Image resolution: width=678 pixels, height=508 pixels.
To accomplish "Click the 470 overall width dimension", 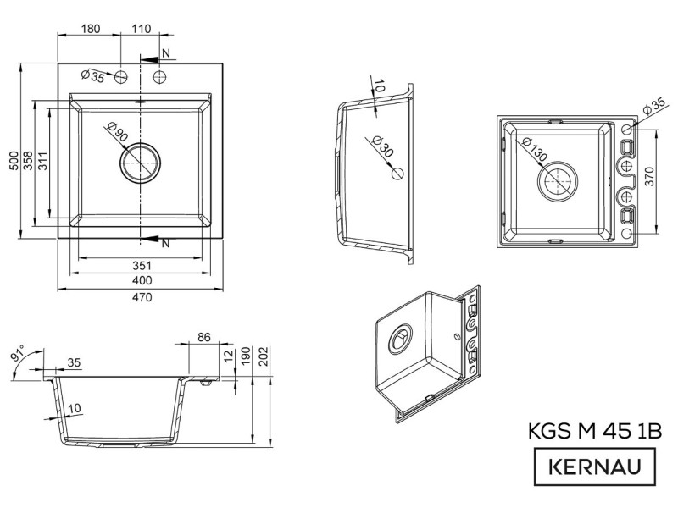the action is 142,297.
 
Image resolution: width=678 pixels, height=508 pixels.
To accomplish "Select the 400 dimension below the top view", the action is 142,281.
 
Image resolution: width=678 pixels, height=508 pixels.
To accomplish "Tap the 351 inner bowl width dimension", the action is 142,265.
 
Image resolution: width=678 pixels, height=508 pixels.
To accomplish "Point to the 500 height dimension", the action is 14,160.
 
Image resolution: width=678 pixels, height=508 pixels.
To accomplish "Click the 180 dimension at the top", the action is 91,29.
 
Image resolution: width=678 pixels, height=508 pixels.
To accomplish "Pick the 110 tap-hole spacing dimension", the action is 141,29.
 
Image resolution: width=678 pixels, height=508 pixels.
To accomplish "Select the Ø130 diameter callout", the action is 535,149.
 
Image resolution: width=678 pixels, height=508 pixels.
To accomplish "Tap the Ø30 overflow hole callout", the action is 382,146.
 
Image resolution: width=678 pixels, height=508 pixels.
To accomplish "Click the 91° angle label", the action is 19,352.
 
